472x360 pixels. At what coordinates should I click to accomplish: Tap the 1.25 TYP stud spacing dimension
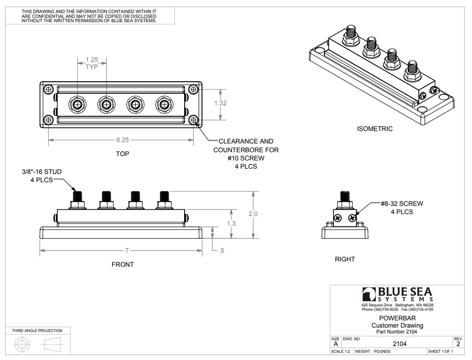[92, 63]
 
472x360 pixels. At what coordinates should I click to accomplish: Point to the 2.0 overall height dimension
[253, 213]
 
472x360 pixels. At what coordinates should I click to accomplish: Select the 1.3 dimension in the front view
[231, 223]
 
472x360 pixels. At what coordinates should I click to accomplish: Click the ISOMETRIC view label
[375, 129]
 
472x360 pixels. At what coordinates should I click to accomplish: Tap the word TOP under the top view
[122, 153]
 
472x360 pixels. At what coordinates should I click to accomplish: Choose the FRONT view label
[122, 264]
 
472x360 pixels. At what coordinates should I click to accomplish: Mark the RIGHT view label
[344, 259]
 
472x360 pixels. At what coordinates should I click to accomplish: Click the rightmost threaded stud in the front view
[165, 197]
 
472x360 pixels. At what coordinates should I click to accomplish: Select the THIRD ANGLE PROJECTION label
[37, 331]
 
